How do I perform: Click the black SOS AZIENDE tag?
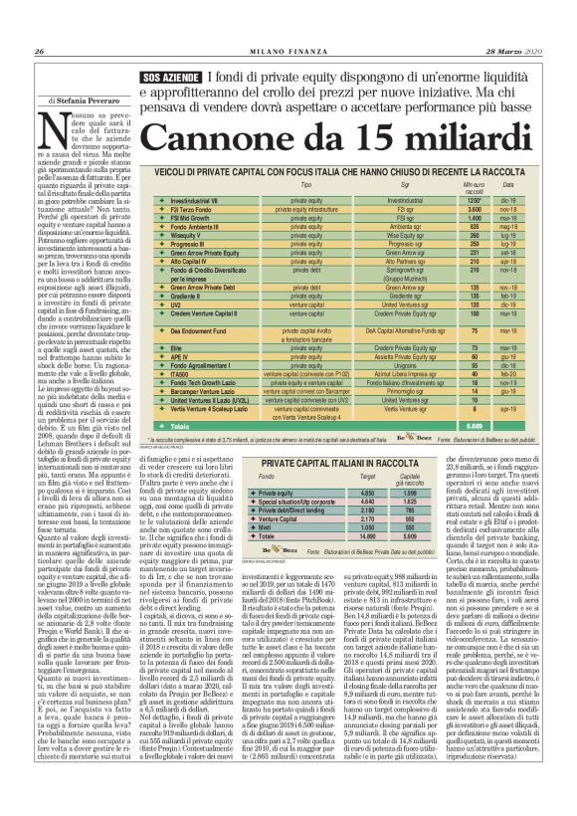pyautogui.click(x=170, y=78)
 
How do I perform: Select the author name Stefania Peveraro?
pyautogui.click(x=77, y=100)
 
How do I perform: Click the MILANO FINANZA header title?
pyautogui.click(x=288, y=52)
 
